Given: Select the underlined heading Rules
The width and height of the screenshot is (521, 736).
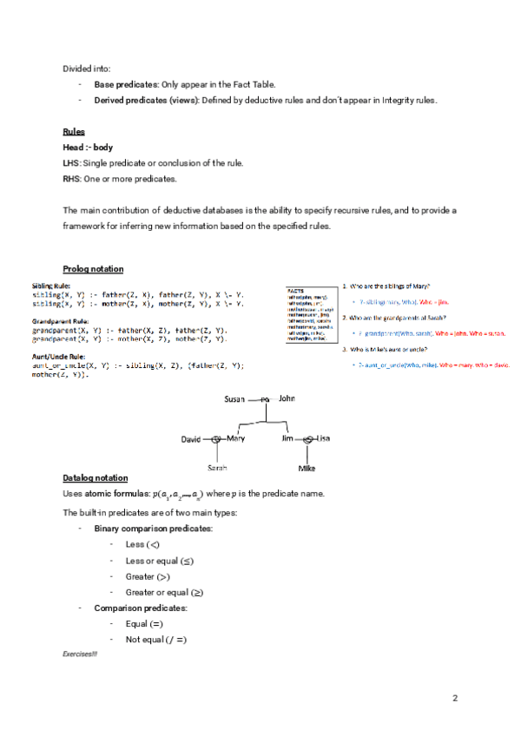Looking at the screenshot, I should (x=74, y=132).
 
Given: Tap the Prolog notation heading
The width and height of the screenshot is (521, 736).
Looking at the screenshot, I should (x=93, y=268).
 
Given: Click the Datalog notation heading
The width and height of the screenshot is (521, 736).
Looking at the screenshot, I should (x=95, y=478).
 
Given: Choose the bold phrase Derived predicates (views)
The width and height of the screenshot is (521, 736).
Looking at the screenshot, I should (x=147, y=100).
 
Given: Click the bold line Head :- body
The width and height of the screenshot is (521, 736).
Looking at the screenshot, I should (x=88, y=148).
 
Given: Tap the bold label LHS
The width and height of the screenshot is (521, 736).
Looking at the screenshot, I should (x=71, y=163).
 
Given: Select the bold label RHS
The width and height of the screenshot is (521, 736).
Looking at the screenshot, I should (x=71, y=179).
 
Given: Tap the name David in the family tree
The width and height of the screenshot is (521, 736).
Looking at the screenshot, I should (x=191, y=439).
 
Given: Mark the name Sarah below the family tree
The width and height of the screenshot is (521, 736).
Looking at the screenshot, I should (x=217, y=468).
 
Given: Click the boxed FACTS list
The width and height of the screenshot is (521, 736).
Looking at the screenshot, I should (x=311, y=317).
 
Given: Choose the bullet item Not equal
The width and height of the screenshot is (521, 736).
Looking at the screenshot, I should (x=156, y=640).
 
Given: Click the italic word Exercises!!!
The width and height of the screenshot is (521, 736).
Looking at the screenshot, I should (x=80, y=653).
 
